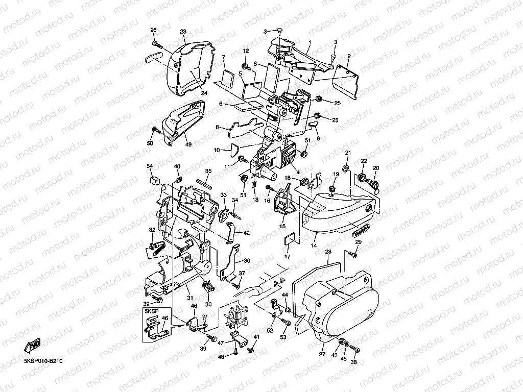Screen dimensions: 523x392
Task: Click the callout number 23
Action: (183, 31)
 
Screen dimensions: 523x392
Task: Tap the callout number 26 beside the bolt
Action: (153, 30)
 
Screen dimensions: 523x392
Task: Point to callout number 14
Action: (314, 246)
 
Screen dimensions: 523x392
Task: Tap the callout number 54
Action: (150, 166)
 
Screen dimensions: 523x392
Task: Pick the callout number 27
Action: (322, 353)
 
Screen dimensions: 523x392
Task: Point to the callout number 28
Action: (328, 252)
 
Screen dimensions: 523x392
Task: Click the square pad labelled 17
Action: (291, 236)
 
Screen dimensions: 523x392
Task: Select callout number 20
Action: (375, 168)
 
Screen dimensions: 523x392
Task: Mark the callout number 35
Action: (208, 171)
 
